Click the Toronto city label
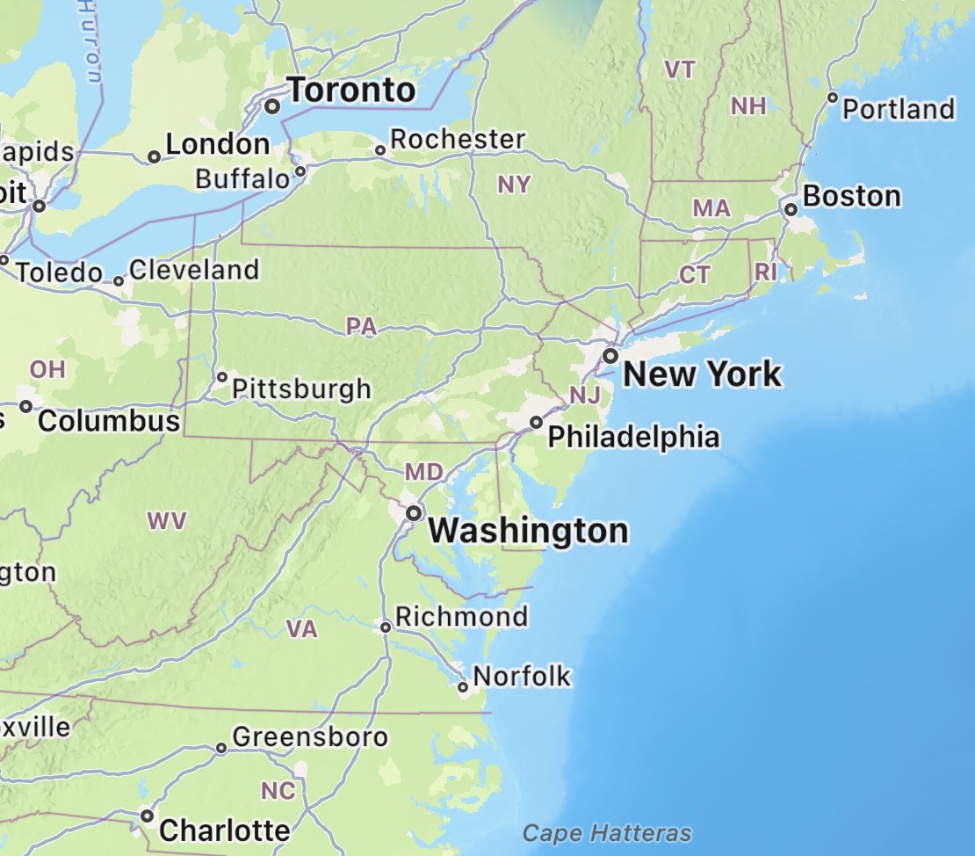point(351,90)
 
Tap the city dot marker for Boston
point(791,209)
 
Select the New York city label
point(702,374)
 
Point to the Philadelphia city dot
point(536,423)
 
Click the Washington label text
point(530,531)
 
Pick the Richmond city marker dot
point(385,627)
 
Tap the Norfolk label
point(522,676)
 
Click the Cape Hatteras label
point(607,833)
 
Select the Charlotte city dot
point(147,816)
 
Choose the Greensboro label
point(309,736)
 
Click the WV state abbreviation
point(167,521)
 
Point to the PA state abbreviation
point(361,327)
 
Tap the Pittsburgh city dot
point(222,377)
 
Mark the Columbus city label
point(109,421)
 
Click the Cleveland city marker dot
point(119,282)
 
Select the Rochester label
point(457,139)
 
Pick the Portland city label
point(898,109)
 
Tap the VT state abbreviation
point(680,70)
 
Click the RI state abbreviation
point(765,272)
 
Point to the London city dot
point(154,157)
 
